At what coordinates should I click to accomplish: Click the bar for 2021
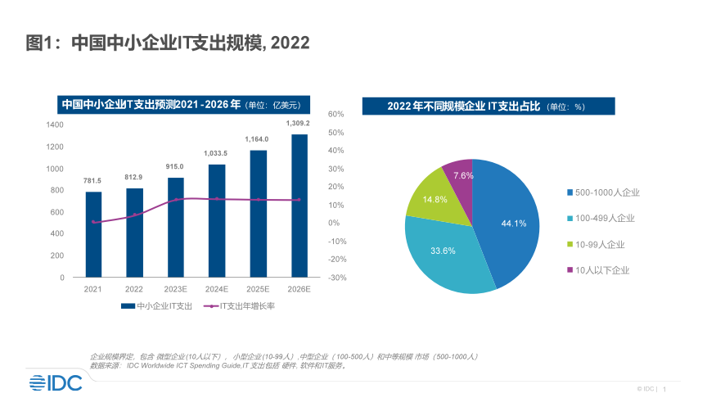coord(93,234)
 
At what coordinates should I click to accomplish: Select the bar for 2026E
coord(299,206)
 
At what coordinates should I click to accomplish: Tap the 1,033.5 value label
coord(216,153)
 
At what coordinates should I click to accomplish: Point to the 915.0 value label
coord(176,166)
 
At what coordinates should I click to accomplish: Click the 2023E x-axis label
coord(176,289)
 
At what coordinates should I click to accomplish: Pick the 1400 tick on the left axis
coord(55,124)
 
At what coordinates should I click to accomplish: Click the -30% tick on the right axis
coord(337,278)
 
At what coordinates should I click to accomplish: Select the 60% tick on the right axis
coord(335,115)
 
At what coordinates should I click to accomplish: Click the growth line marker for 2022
coord(135,215)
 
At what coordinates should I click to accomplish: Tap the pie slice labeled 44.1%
coord(507,221)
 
